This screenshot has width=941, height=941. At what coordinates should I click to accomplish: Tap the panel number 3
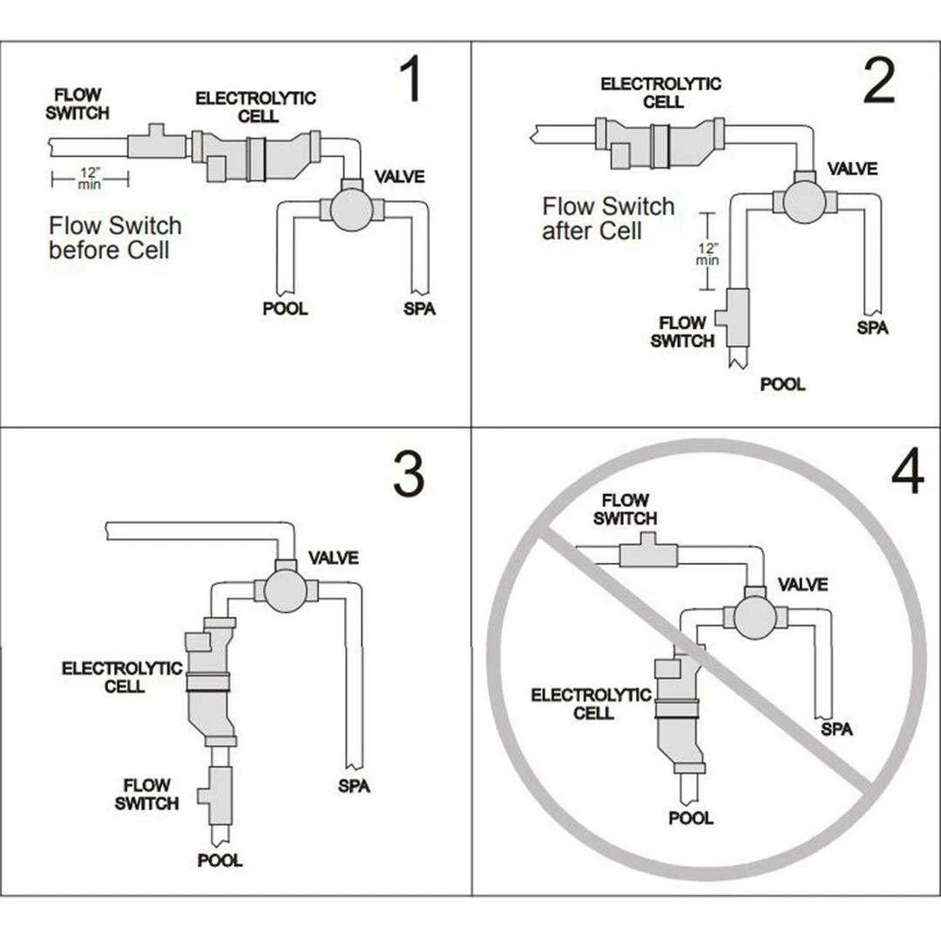pos(408,476)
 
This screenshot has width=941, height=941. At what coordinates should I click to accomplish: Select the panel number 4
pos(907,475)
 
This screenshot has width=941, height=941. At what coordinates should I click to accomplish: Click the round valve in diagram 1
pos(352,209)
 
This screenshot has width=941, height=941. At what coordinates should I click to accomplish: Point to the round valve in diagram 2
pos(804,201)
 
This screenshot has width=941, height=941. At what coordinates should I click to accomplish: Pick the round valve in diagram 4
pos(755,617)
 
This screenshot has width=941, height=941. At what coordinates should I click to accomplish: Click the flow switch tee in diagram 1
pos(157,143)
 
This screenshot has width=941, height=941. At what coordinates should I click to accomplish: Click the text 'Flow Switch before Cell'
pos(115,238)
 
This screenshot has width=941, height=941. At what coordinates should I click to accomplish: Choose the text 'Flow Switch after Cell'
pos(608,219)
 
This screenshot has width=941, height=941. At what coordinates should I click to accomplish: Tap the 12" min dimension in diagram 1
pos(90,179)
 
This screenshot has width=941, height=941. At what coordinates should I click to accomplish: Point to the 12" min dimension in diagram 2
pos(708,253)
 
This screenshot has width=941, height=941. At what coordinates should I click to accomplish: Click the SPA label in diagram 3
pos(354,786)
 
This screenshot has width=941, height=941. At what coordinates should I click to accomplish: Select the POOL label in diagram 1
pos(285,308)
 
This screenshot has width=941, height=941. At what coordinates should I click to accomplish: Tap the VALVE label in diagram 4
pos(802,584)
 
